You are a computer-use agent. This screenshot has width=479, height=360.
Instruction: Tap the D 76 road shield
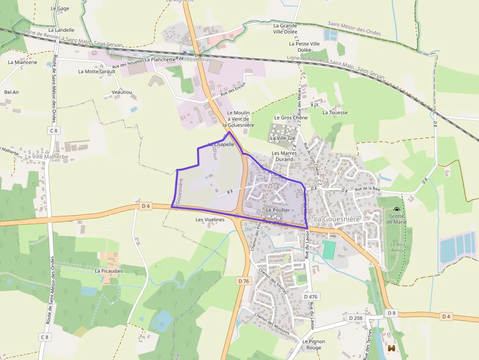[x=243, y=281]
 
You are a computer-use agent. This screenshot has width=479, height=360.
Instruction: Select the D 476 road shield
[x=310, y=296]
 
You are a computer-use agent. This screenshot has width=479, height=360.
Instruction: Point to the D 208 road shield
[x=356, y=318]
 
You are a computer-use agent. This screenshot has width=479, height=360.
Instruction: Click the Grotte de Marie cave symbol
[x=396, y=210]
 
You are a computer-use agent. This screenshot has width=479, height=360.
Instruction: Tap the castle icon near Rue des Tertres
[x=391, y=348]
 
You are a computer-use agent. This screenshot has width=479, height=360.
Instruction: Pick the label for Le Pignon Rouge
[x=310, y=344]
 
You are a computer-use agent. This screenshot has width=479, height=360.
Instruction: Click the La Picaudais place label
[x=109, y=271]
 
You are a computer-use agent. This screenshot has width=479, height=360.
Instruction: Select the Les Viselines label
[x=210, y=220]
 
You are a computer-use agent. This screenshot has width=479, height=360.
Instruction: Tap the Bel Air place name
[x=12, y=92]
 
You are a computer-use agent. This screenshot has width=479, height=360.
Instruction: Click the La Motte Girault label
[x=97, y=71]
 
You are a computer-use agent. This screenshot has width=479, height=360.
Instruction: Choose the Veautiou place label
[x=122, y=92]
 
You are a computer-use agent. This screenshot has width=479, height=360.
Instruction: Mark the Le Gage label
[x=60, y=8]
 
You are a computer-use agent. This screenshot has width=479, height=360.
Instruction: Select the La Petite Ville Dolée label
[x=304, y=46]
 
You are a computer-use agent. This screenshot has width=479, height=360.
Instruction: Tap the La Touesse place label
[x=335, y=112]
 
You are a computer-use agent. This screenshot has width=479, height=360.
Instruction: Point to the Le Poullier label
[x=278, y=210]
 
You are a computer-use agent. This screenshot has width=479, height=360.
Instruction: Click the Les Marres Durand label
[x=284, y=156]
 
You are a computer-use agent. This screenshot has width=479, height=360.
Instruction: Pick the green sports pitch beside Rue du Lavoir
[x=329, y=250]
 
